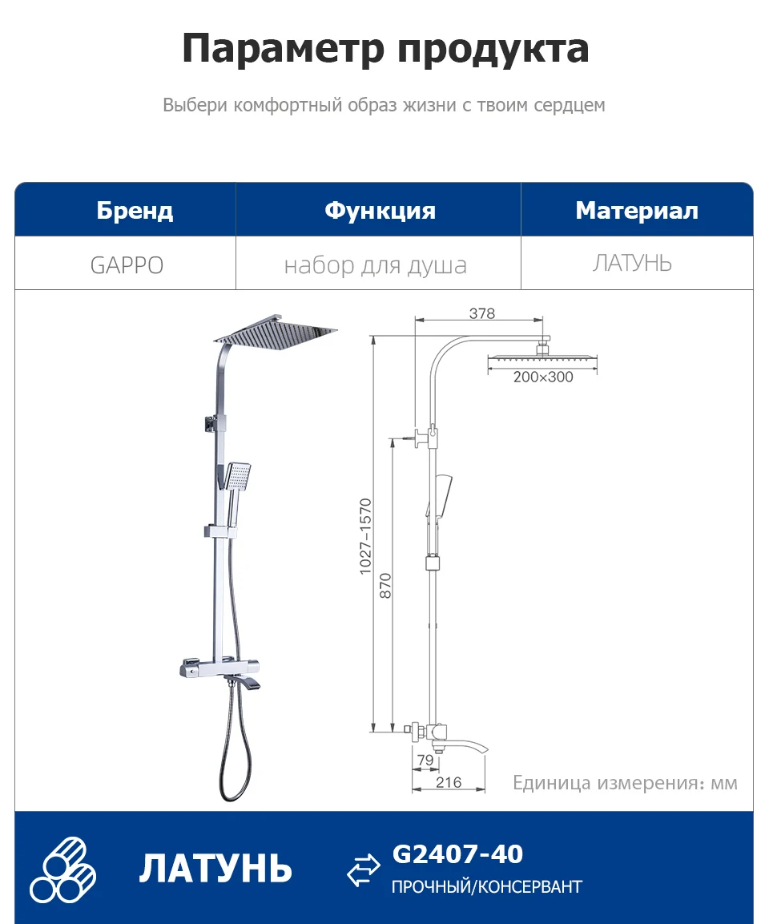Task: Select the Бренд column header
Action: click(135, 211)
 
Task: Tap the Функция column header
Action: click(380, 211)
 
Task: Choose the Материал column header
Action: click(637, 211)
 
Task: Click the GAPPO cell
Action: click(127, 265)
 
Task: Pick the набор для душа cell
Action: click(375, 265)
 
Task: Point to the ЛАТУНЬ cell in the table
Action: click(632, 263)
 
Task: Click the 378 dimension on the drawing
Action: click(482, 313)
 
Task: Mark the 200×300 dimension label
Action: click(543, 377)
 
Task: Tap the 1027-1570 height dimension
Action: click(365, 536)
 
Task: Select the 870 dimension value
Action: click(385, 587)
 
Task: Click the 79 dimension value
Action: click(425, 760)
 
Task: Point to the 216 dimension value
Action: click(449, 782)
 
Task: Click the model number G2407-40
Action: click(457, 854)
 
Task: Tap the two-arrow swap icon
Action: click(364, 870)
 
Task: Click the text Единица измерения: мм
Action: click(625, 783)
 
